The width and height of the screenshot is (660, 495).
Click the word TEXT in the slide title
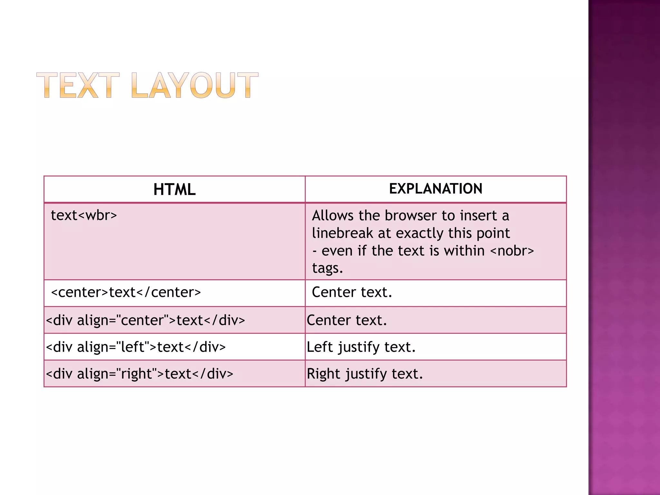(x=78, y=85)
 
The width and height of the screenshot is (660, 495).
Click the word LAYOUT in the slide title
(x=195, y=85)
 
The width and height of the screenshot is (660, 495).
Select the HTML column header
(x=174, y=189)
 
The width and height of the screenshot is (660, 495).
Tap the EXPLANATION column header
(x=436, y=189)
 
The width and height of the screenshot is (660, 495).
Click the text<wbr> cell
(x=84, y=215)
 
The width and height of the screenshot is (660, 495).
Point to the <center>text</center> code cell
(x=126, y=292)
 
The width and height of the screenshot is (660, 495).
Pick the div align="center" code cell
(x=145, y=320)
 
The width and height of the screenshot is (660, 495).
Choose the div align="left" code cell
(x=136, y=347)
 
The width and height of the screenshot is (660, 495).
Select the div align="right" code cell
(x=140, y=374)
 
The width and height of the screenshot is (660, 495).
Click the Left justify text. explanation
(x=361, y=347)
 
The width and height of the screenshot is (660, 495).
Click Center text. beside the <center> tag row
(x=352, y=292)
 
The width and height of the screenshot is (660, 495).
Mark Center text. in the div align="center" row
(x=347, y=320)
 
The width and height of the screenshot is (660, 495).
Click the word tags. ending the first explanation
(x=327, y=268)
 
